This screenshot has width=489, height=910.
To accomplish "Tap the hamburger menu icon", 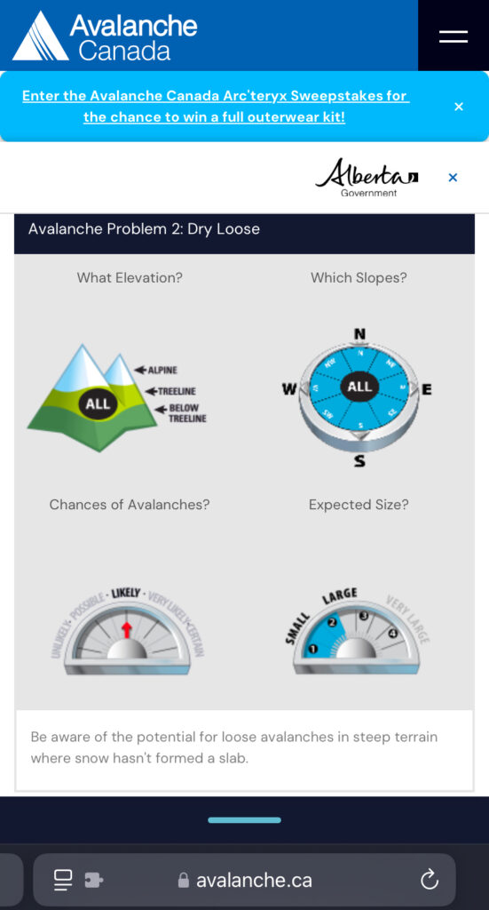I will (453, 36).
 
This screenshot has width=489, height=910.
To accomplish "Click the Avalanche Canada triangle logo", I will (39, 36).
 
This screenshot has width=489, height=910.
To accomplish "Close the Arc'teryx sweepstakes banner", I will (459, 107).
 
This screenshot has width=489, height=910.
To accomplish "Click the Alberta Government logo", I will (366, 177).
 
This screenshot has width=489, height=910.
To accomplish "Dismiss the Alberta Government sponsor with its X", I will (453, 178).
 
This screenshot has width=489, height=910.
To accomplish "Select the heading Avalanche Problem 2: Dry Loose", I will (144, 229).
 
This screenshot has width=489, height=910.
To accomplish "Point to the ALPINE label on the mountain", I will (161, 370).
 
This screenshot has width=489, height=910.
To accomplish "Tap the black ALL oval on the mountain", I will (98, 403).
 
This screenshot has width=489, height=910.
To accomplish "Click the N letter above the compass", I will (359, 334).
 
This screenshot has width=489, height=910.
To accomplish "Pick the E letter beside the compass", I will (427, 389).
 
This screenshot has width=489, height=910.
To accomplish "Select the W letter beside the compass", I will (289, 389).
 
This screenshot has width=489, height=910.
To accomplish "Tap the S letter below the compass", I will (359, 461).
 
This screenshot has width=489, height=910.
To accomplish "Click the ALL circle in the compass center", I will (359, 387).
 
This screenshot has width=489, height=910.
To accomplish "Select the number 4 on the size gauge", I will (392, 634).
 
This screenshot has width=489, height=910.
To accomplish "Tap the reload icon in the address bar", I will (430, 880).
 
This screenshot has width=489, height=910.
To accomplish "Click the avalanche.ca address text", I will (254, 881).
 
